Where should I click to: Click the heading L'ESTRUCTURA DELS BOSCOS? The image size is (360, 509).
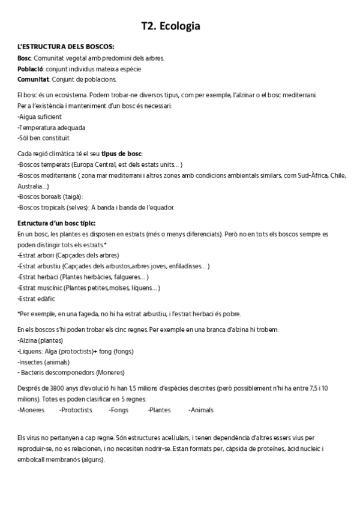pos(67,47)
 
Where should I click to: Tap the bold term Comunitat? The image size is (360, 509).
pos(34,79)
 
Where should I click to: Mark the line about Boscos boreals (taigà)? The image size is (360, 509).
pos(51,196)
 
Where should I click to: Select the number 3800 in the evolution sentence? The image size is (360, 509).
pos(52,388)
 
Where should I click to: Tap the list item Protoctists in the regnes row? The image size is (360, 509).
pos(76,410)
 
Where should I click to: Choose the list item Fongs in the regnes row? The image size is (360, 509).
pos(119,410)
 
